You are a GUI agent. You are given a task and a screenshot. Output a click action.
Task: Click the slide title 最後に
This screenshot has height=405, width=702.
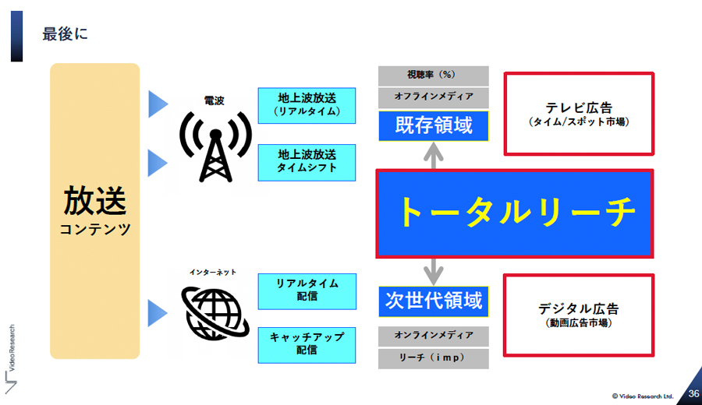point(65,34)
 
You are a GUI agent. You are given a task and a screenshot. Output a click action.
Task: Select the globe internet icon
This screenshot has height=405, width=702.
point(215,313)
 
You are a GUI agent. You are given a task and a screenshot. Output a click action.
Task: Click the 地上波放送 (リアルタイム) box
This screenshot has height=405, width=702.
point(307,105)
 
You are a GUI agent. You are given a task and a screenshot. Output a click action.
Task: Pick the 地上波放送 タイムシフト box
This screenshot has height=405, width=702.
point(307,162)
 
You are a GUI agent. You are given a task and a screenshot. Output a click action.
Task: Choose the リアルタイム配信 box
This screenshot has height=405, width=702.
point(307,291)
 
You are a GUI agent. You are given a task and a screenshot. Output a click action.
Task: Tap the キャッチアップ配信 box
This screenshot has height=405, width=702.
point(307,345)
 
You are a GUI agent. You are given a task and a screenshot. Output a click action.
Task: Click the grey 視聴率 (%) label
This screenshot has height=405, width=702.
point(434,76)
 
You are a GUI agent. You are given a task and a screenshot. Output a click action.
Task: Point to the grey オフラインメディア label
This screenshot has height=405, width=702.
point(434,97)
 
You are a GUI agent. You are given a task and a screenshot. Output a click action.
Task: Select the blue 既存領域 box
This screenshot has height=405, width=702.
point(434,125)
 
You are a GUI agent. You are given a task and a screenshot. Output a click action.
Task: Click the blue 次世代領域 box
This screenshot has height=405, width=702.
point(434,301)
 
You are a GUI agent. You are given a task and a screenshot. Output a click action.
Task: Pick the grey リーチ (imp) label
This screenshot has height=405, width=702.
point(434,358)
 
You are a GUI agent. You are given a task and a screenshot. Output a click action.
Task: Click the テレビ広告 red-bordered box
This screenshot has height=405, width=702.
point(579,114)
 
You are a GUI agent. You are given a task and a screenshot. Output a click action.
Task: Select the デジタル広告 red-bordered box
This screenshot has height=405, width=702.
point(579,315)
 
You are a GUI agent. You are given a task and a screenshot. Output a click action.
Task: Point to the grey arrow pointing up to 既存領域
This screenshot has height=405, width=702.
point(434,156)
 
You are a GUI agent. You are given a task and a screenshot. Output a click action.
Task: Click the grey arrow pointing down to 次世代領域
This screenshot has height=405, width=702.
point(434,272)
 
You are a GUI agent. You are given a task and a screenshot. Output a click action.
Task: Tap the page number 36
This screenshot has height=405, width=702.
point(693,394)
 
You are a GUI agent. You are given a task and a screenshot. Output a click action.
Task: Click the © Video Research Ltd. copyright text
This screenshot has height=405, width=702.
point(643,396)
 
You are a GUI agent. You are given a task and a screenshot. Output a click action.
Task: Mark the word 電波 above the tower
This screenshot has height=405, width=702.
point(214,100)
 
